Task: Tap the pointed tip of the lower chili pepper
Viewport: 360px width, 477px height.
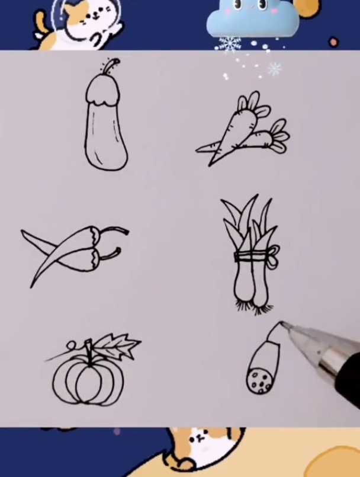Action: pyautogui.click(x=33, y=286)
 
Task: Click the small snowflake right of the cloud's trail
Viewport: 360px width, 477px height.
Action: pyautogui.click(x=275, y=69)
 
